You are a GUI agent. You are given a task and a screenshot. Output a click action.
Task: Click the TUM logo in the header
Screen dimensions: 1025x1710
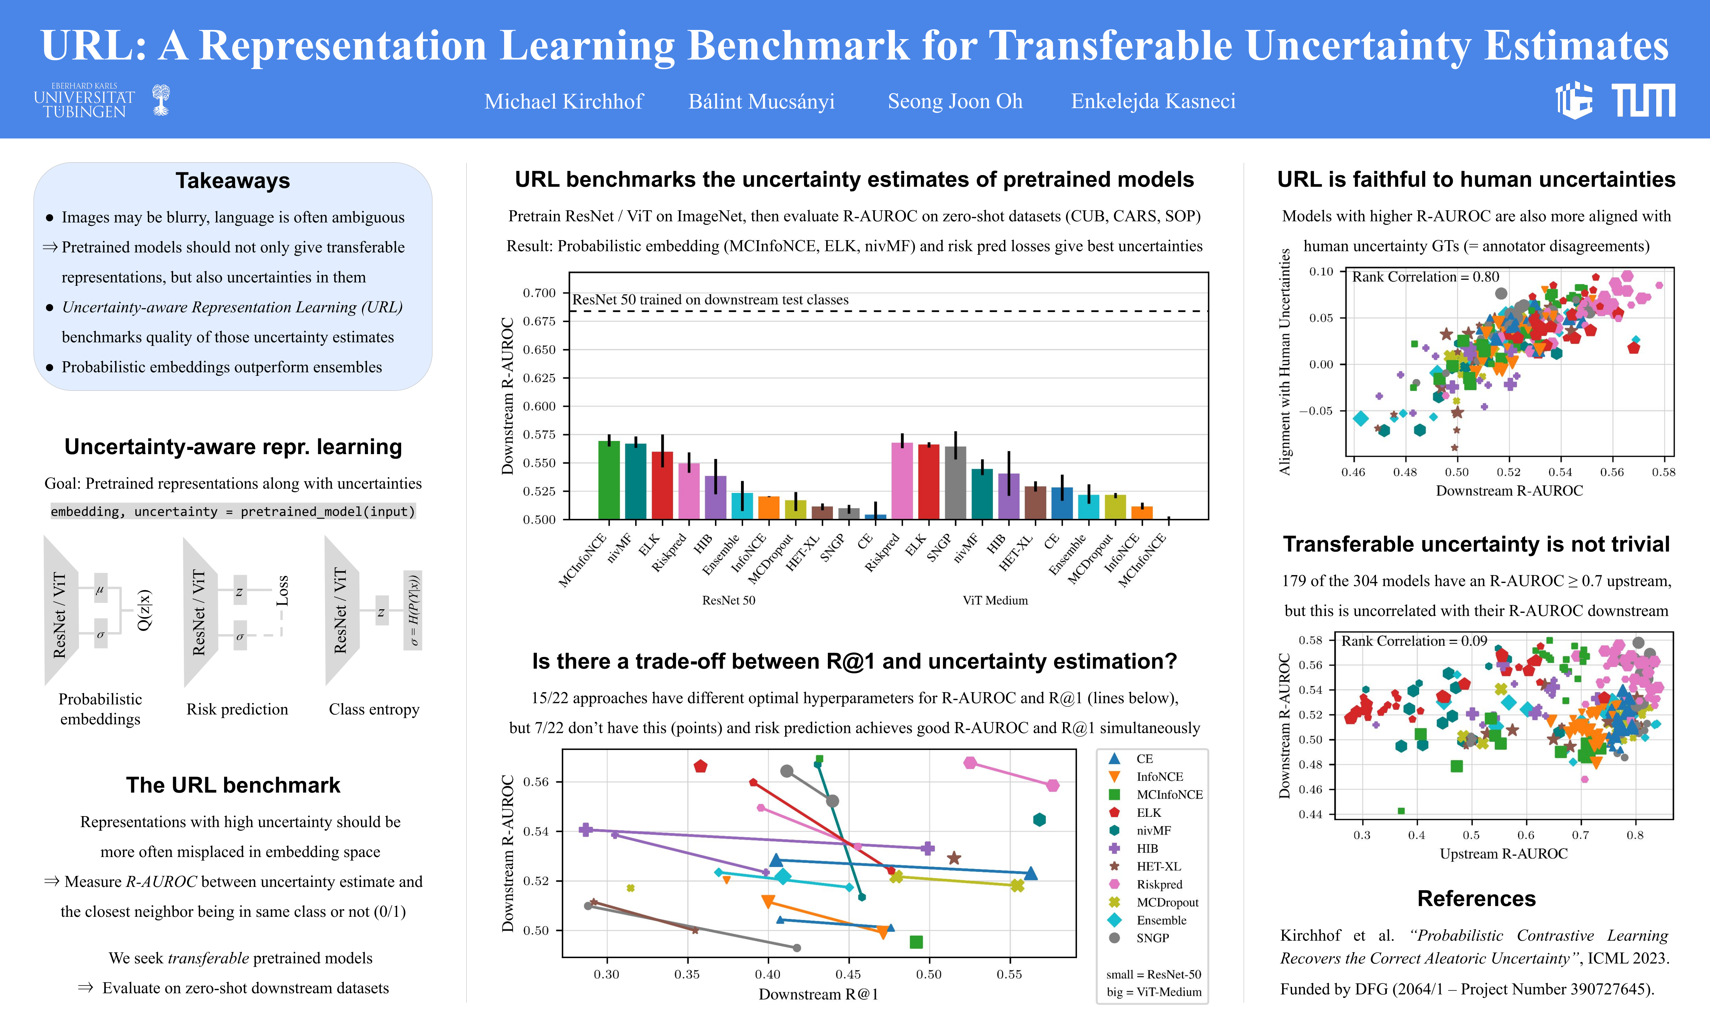[1644, 101]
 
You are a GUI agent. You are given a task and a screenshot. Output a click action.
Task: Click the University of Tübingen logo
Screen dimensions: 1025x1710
[102, 101]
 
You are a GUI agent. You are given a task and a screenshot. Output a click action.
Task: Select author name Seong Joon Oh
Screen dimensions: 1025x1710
[954, 101]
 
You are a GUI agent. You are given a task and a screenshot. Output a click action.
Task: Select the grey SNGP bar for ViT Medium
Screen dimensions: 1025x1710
[955, 483]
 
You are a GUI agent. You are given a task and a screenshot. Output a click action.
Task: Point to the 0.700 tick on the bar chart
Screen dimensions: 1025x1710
[539, 293]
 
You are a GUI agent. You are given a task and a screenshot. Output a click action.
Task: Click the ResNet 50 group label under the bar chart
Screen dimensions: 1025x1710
[729, 600]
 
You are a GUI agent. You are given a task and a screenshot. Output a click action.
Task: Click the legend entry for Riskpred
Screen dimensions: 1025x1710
[1159, 884]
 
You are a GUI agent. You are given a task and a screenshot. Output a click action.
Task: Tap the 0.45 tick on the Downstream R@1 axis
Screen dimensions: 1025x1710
[848, 974]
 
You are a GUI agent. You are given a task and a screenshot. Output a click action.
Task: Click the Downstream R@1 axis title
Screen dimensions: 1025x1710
[818, 994]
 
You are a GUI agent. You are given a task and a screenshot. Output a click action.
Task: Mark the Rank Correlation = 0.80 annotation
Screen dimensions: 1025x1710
[1425, 277]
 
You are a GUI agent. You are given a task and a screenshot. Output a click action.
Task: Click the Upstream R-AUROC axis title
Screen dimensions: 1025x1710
[1503, 854]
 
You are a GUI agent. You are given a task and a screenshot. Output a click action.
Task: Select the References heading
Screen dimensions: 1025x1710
[1476, 899]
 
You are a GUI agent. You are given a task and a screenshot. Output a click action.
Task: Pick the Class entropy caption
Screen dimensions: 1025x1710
[374, 709]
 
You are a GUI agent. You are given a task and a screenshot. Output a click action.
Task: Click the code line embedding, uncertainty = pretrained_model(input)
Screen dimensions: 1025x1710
[233, 511]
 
